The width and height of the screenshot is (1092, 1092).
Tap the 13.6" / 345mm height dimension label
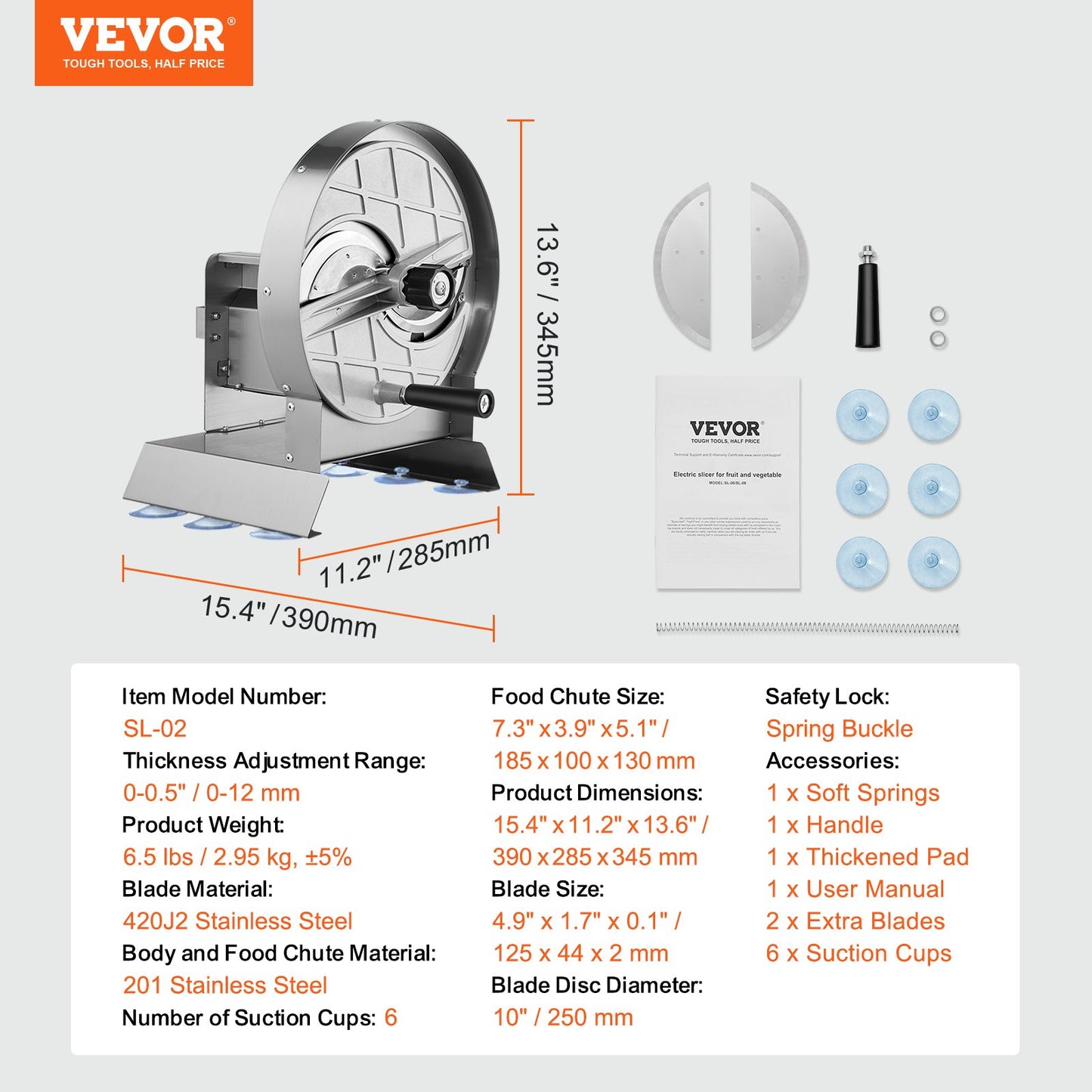click(x=546, y=314)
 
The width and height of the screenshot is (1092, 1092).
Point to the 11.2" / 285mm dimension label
click(x=404, y=560)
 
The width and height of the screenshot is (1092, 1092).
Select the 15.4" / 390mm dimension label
click(x=289, y=616)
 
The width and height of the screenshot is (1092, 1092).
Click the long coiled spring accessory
click(x=807, y=628)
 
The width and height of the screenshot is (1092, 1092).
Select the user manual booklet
click(x=728, y=483)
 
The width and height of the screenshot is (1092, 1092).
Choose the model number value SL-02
click(x=155, y=729)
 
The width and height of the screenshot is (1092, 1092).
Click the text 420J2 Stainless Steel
click(x=237, y=921)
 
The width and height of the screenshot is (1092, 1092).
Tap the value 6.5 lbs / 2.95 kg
click(x=237, y=857)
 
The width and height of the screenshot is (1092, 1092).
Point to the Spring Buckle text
click(x=839, y=729)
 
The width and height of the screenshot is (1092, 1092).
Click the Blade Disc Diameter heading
click(x=597, y=985)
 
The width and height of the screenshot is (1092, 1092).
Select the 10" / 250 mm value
click(x=563, y=1017)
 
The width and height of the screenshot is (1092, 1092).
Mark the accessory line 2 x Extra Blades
click(x=855, y=921)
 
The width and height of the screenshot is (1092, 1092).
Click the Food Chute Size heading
click(x=578, y=697)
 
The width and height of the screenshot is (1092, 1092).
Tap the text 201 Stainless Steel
click(x=225, y=985)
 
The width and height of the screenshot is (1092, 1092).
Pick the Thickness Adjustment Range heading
click(x=274, y=761)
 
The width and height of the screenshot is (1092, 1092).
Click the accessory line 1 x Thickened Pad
click(x=867, y=857)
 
